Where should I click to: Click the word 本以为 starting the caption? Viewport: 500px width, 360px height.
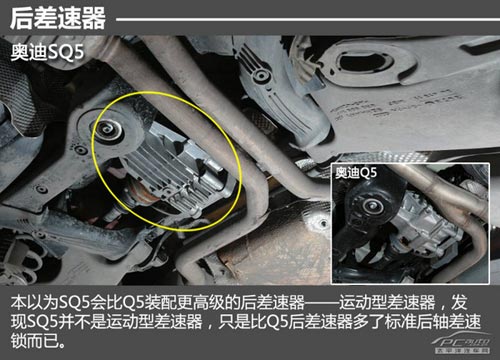[x=30, y=301]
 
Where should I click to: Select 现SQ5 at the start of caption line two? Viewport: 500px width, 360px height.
[x=31, y=321]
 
